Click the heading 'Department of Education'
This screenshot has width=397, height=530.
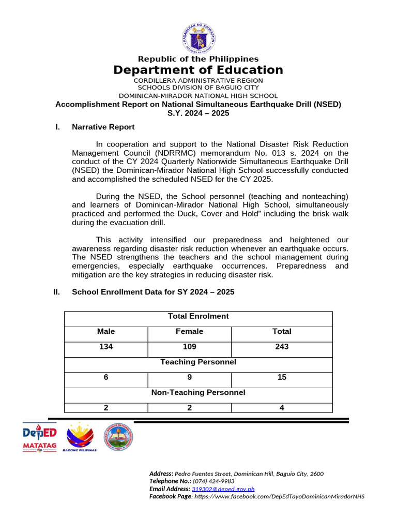tap(198, 70)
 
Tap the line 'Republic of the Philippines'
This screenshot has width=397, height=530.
tap(198, 59)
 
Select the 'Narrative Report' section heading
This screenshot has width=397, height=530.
tap(103, 127)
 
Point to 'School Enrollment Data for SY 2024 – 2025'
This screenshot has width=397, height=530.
tap(152, 292)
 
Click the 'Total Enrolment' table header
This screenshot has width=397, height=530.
tap(198, 316)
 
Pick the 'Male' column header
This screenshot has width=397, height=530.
tap(106, 331)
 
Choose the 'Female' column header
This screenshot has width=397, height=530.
tap(189, 331)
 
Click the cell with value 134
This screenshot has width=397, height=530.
tap(106, 347)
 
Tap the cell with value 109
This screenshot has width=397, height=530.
tap(189, 347)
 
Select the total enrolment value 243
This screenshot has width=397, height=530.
tap(282, 347)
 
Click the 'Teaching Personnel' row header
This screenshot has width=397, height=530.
tap(198, 362)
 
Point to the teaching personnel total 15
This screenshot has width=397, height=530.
tap(282, 377)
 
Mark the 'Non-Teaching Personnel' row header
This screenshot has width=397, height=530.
tap(198, 392)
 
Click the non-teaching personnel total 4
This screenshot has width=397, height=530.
tap(282, 408)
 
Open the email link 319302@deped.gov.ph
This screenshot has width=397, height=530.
tap(223, 489)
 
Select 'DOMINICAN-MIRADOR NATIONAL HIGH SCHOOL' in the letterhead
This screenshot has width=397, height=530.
tap(198, 96)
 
